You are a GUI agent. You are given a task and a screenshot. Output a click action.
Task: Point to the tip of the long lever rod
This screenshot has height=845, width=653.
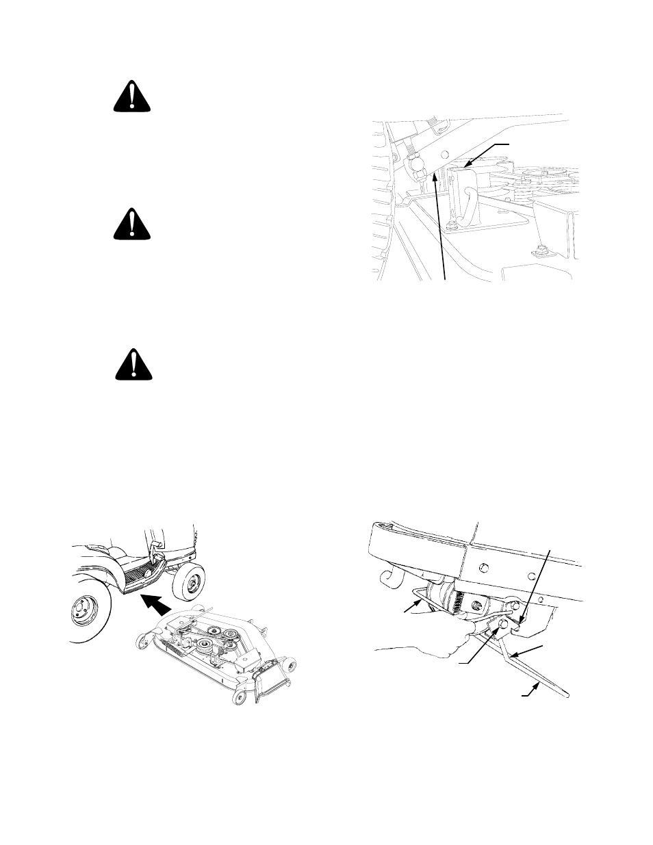[x=566, y=695]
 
